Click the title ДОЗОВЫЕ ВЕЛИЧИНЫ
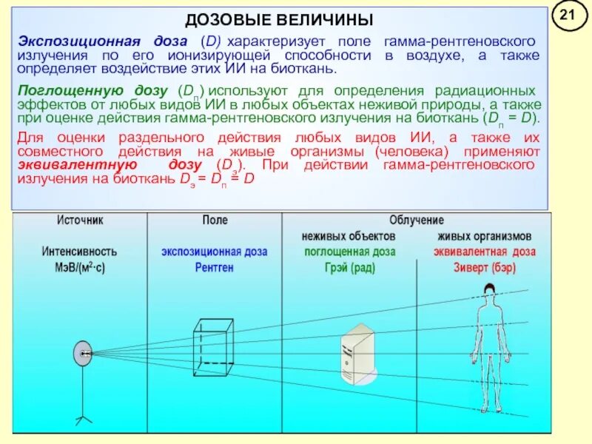278,20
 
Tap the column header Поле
215,221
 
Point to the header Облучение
417,221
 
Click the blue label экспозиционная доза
215,252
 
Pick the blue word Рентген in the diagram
215,267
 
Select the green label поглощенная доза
349,252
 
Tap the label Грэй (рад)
349,267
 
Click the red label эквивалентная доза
485,252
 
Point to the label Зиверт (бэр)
485,267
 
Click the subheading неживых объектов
349,236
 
